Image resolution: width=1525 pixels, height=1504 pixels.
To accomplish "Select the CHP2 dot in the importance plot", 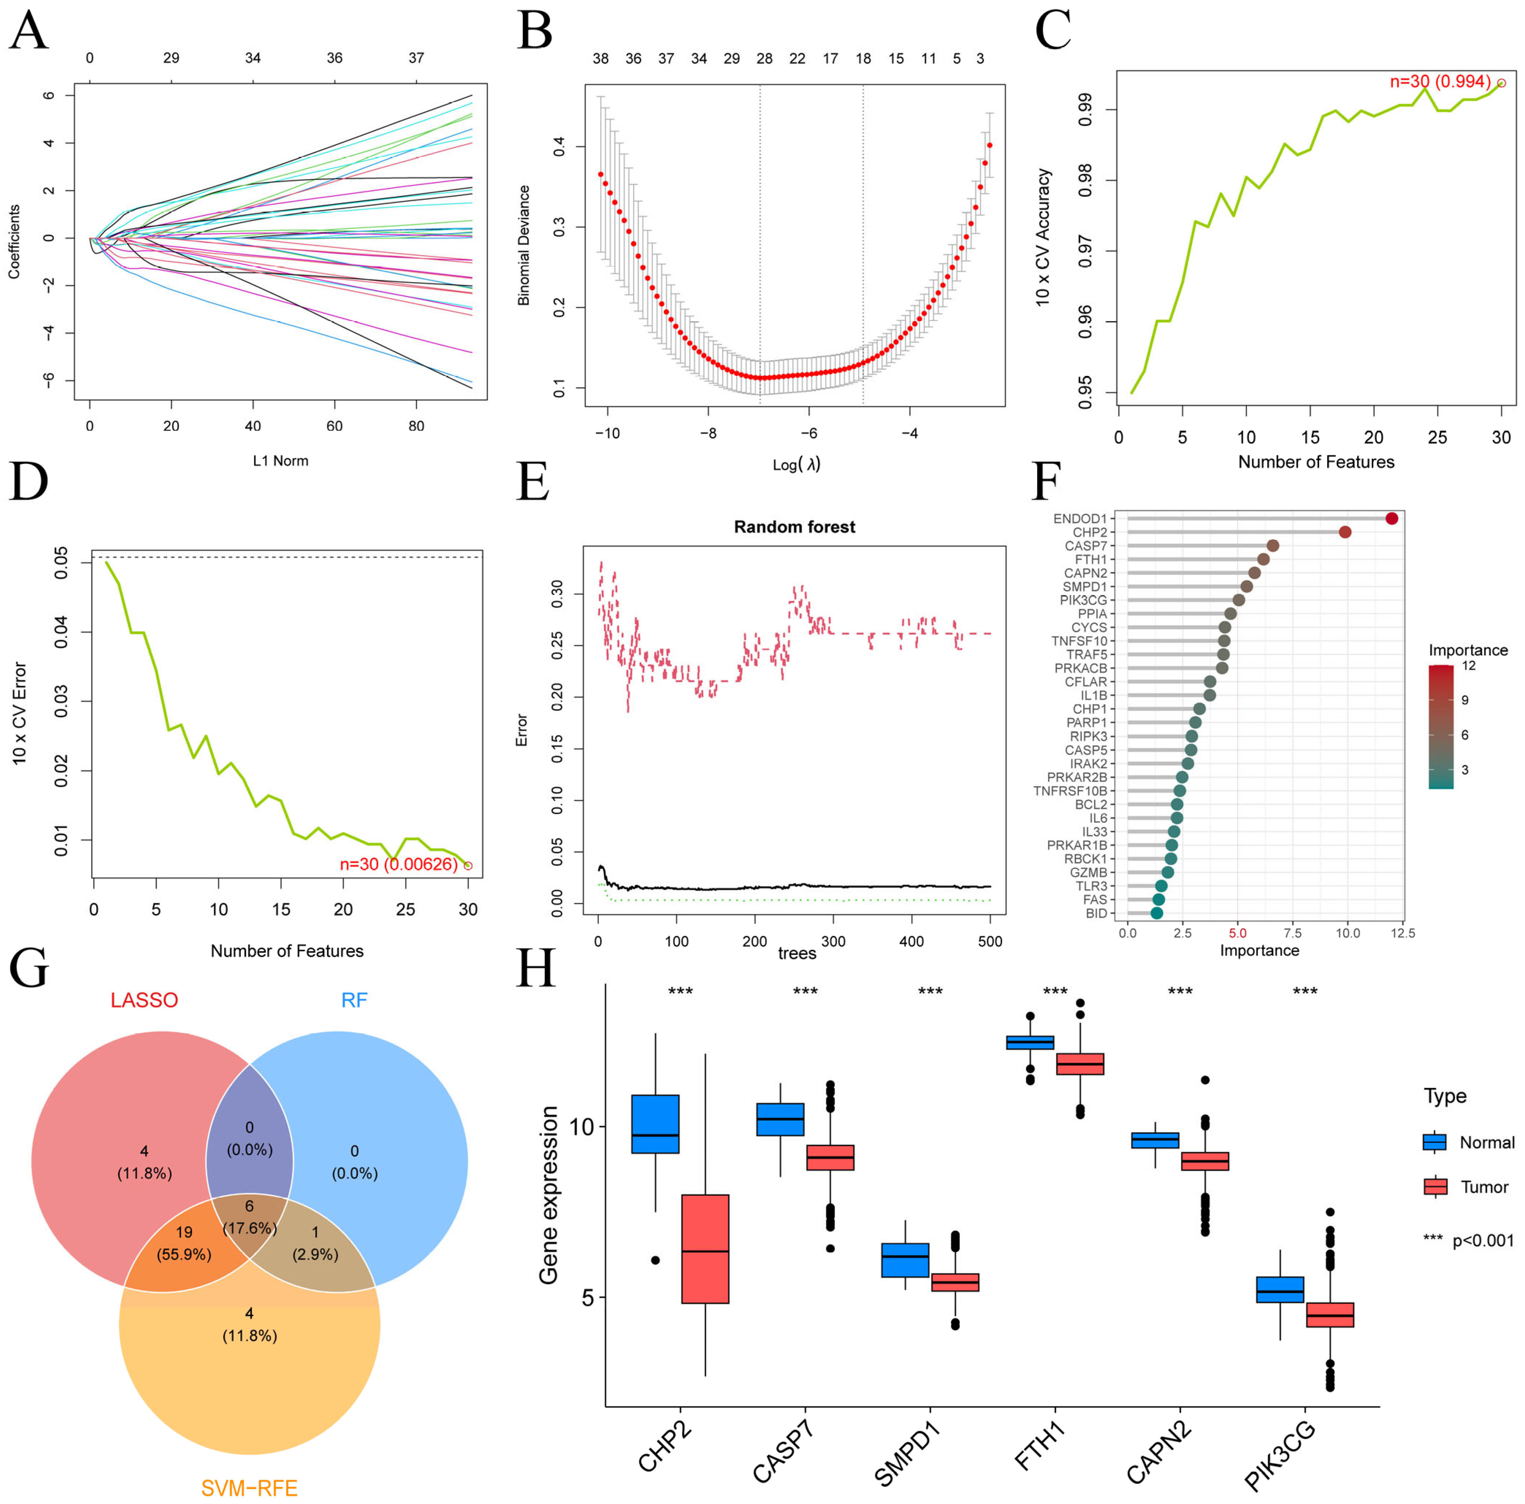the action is pos(1345,532).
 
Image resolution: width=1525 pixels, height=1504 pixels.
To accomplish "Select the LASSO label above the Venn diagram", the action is pos(145,1000).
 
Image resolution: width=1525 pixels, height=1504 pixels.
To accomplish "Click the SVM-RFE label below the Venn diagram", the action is pos(250,1488).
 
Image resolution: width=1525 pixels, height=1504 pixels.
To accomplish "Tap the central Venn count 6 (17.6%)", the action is pos(250,1217).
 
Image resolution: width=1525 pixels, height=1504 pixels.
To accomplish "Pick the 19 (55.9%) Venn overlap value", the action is pos(184,1243).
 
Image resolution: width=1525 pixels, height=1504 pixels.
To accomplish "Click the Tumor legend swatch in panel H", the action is pos(1435,1187).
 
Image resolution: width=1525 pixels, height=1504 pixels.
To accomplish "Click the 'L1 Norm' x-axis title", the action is pos(280,460).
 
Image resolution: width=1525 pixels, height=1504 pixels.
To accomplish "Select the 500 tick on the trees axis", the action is pos(990,941).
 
